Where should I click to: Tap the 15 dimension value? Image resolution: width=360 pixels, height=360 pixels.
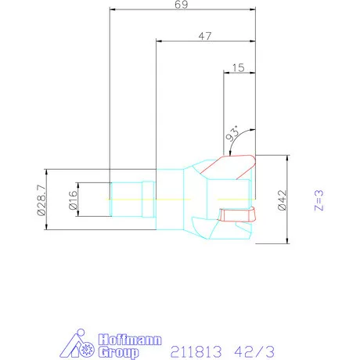pos(239,68)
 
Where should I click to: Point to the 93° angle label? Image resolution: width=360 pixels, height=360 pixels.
pos(232,134)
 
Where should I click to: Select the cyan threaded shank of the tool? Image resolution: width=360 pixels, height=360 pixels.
pos(125,200)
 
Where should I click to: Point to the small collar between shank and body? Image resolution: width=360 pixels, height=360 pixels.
pos(148,200)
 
